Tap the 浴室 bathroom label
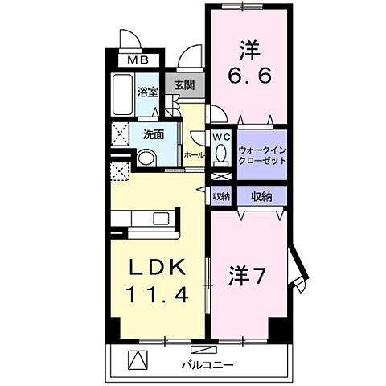point(146,92)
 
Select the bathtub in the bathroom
point(123,96)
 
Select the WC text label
point(222,138)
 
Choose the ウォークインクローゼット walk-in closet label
point(263,154)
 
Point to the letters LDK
point(157,268)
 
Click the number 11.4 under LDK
point(157,295)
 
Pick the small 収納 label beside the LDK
point(221,196)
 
